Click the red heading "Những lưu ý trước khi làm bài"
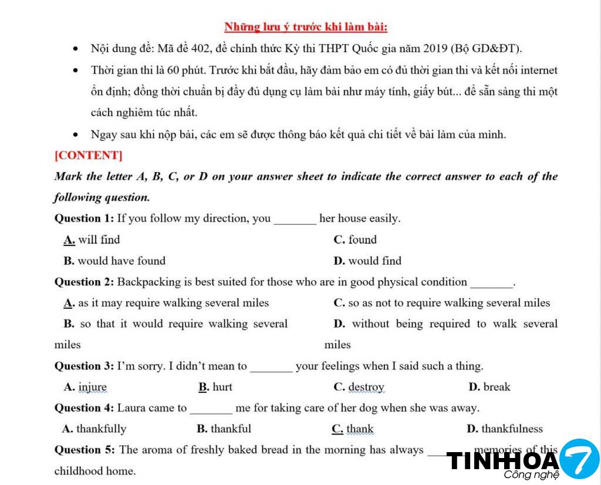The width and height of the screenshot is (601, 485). click(305, 27)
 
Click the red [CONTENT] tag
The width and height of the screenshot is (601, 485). click(88, 156)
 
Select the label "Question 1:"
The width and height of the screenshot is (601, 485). click(85, 218)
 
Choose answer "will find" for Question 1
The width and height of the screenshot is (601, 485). click(99, 240)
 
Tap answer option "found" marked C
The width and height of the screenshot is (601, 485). click(362, 240)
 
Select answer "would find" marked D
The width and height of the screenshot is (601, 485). click(374, 261)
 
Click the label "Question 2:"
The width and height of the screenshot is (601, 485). click(85, 282)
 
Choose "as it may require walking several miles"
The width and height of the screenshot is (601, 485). click(173, 303)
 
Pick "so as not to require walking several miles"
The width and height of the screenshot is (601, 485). click(449, 303)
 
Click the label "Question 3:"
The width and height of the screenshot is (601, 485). click(85, 366)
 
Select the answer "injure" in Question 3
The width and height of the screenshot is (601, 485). click(93, 387)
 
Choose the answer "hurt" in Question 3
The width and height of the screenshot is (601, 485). click(222, 387)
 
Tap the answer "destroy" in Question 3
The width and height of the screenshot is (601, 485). click(366, 387)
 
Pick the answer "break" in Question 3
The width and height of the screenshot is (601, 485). click(497, 387)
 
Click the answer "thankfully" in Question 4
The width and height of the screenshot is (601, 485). click(101, 429)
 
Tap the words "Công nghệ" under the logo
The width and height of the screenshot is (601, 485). click(523, 474)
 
